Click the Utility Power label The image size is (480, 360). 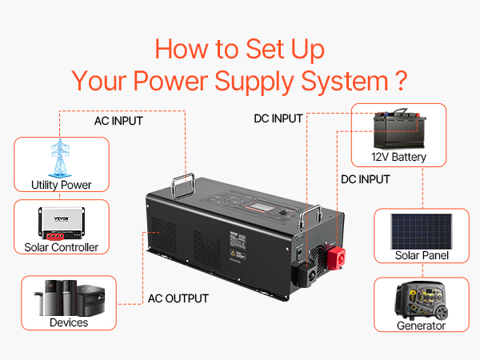(62, 185)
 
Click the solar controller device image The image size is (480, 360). (62, 222)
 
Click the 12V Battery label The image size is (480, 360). (398, 157)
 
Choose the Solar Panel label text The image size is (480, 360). (422, 255)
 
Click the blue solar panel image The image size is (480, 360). (422, 230)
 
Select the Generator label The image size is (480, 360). (421, 326)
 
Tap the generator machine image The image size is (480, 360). (421, 299)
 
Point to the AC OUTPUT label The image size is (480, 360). (178, 298)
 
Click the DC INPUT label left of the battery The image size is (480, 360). (278, 118)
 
